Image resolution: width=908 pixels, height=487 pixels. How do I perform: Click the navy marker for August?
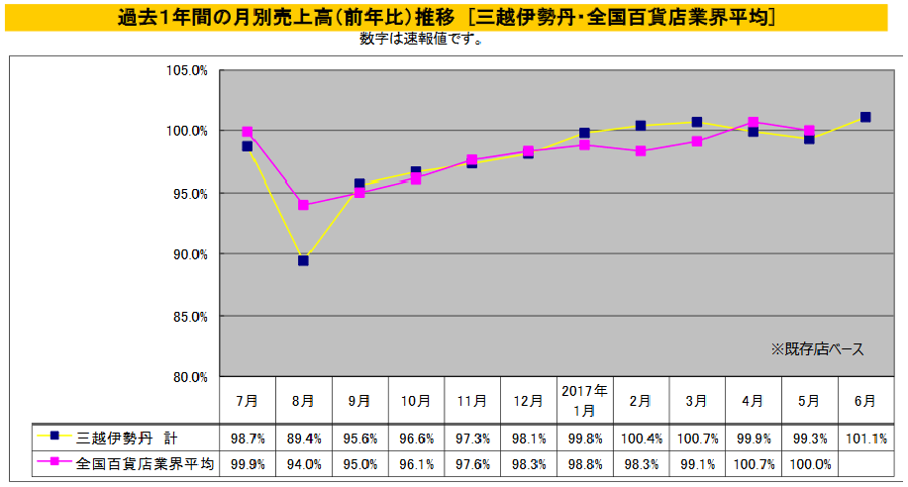(x=303, y=260)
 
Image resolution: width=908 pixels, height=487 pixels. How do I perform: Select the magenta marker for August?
(x=303, y=205)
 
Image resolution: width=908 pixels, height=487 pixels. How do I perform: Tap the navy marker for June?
(x=865, y=117)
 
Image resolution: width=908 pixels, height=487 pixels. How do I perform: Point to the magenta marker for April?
(x=754, y=123)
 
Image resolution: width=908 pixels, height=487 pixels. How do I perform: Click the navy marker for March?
(x=697, y=122)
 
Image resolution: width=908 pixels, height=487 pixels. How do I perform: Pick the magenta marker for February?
(x=641, y=151)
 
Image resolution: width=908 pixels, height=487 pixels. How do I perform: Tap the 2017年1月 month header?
(x=584, y=401)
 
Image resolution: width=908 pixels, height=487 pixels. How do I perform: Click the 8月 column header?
(x=303, y=402)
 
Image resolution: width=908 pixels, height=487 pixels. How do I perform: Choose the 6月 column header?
(x=864, y=402)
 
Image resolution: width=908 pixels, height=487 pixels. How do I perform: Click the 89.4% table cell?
(x=303, y=438)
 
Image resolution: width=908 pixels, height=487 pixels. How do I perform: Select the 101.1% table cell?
(x=864, y=438)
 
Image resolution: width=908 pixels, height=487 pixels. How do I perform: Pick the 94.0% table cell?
(x=303, y=463)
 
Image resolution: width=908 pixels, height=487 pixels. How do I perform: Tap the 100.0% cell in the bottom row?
(x=809, y=463)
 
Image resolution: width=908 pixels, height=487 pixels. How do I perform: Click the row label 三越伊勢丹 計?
(x=128, y=438)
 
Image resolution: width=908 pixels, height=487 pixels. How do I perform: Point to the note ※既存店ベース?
(x=817, y=348)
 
